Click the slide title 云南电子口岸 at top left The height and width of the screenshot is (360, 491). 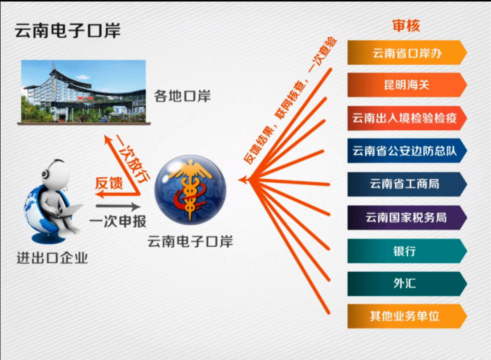pos(68,31)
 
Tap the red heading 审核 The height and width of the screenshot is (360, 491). pos(406,26)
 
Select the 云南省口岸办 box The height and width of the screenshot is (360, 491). pos(407,52)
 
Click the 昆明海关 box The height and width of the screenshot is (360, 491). pos(407,85)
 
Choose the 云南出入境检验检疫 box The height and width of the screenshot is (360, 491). pos(407,118)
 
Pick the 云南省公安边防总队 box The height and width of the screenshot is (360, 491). pos(407,151)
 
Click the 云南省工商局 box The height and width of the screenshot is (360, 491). pos(407,184)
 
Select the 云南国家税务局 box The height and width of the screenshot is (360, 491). pos(407,217)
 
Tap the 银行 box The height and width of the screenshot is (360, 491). pos(407,251)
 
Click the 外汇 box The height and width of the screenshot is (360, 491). pos(407,284)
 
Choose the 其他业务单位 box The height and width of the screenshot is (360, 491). pos(407,316)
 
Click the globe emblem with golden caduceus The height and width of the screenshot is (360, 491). pos(191,190)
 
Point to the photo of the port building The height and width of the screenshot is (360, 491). pos(84,92)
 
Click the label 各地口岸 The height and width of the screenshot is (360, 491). pos(182,96)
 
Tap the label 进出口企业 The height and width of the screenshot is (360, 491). pos(52,258)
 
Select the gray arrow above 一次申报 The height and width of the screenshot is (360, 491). pos(118,207)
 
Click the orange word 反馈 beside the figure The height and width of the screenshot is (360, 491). pos(109,183)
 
